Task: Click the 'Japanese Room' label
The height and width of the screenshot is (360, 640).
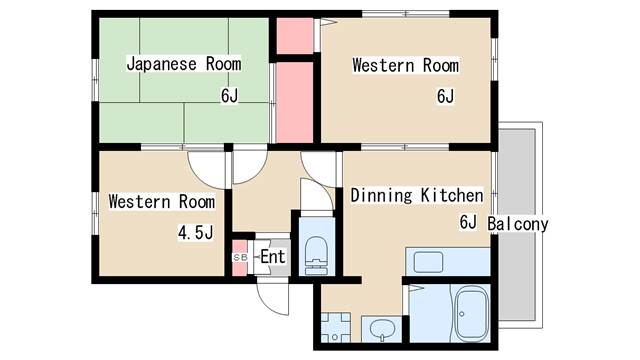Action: click(183, 64)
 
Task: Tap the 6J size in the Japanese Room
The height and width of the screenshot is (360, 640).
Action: click(230, 96)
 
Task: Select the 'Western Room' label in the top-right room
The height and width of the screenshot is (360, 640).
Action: click(405, 66)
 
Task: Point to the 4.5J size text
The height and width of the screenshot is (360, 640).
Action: click(196, 233)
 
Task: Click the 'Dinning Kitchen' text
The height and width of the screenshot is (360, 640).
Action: click(416, 196)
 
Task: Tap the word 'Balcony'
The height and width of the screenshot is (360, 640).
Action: click(518, 224)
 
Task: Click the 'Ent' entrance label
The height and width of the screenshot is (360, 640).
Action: click(273, 257)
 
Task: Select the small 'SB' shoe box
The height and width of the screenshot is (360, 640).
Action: click(240, 257)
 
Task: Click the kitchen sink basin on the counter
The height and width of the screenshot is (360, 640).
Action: click(429, 262)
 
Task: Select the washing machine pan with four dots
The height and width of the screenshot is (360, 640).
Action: click(335, 327)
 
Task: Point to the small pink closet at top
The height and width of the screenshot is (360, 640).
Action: click(293, 37)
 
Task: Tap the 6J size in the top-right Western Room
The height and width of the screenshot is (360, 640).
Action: click(445, 97)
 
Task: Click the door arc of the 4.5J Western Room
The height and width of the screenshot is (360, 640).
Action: click(207, 164)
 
